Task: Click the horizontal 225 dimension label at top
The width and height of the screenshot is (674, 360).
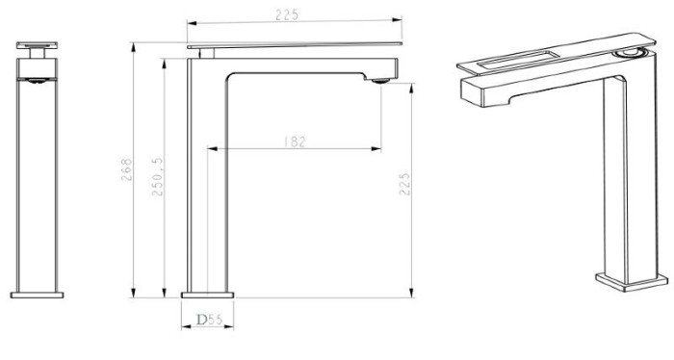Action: [287, 14]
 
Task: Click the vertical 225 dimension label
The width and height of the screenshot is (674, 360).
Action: [404, 184]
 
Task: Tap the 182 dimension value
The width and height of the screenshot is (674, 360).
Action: [295, 141]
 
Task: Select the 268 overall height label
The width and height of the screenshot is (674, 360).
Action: [126, 169]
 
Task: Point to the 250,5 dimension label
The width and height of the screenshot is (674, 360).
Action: [158, 176]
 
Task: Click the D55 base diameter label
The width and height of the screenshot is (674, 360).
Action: [209, 320]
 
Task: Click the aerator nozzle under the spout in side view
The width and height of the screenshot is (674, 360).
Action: [380, 80]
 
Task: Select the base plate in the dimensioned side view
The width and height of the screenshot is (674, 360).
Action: [207, 296]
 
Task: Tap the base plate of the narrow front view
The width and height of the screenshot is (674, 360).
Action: [37, 296]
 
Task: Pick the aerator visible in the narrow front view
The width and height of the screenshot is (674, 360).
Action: [37, 80]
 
